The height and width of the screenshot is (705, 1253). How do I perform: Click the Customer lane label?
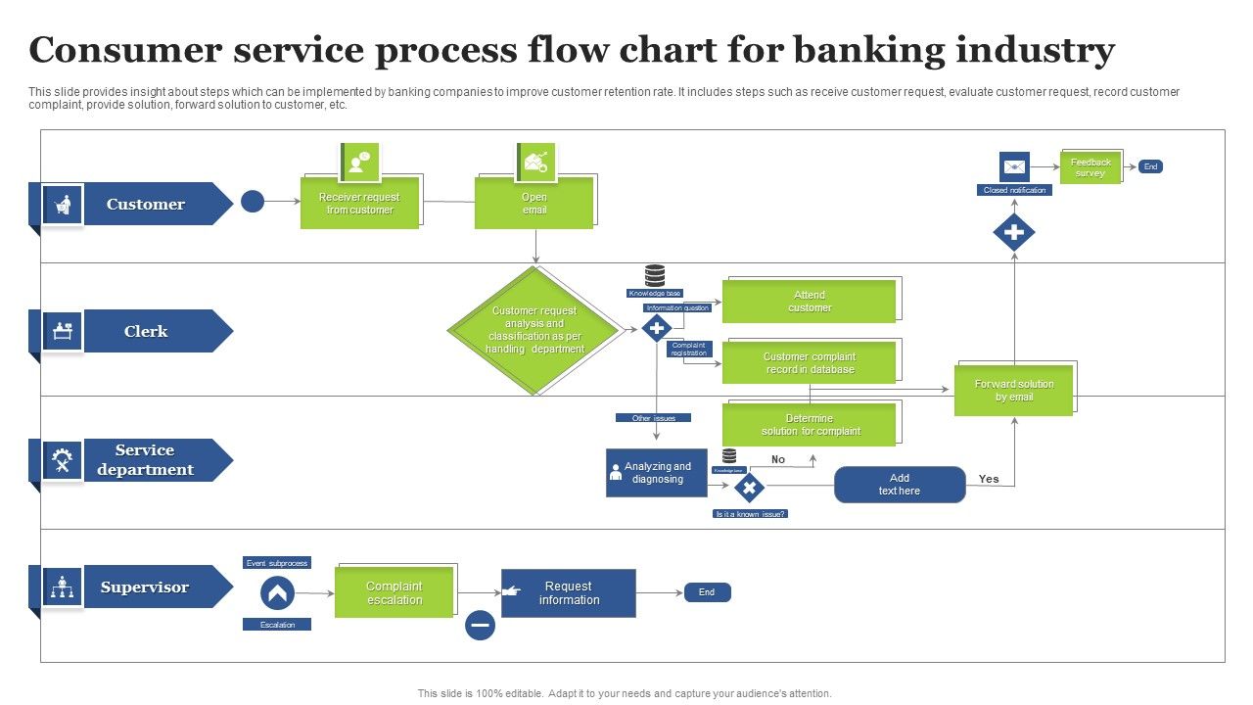click(x=146, y=204)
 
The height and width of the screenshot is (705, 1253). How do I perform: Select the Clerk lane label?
click(x=146, y=331)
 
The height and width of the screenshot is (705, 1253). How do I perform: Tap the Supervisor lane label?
click(x=145, y=587)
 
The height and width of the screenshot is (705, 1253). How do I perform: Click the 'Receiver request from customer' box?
click(x=359, y=204)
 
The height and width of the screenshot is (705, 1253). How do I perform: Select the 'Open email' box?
click(x=534, y=204)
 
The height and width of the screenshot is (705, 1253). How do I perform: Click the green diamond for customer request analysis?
click(x=534, y=330)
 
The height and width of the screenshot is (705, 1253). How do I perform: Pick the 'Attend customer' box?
click(x=810, y=302)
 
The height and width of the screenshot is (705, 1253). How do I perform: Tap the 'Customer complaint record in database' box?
click(x=810, y=363)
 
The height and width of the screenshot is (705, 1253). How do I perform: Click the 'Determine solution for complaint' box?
click(x=810, y=425)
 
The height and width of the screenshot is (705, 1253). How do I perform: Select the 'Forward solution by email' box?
click(x=1014, y=391)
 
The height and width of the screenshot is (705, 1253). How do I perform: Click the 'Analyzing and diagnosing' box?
click(x=657, y=473)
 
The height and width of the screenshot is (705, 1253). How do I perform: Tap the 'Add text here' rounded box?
click(x=900, y=485)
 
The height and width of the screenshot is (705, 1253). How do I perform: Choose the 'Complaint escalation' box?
click(x=394, y=593)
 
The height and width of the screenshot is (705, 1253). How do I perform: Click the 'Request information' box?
click(x=569, y=593)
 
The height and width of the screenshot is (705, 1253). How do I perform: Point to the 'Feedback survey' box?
click(x=1091, y=167)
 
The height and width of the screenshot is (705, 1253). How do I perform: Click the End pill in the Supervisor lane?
click(x=707, y=592)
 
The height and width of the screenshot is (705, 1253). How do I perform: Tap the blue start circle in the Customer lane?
click(x=253, y=202)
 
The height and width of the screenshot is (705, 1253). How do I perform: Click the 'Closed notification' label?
click(x=1014, y=190)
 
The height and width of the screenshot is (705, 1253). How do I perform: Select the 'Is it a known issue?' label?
click(x=751, y=513)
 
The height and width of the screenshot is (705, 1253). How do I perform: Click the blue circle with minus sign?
click(x=480, y=625)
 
